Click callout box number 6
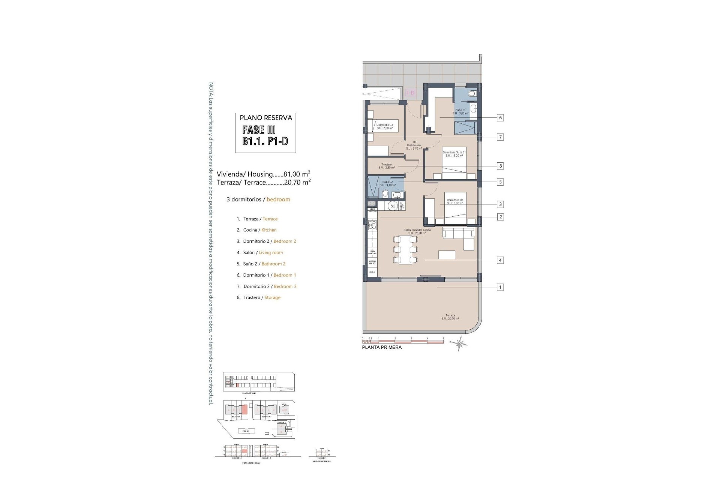[500, 118]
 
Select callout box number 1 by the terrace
[500, 287]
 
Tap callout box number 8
[500, 166]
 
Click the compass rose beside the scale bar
[459, 343]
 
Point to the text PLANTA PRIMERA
[382, 347]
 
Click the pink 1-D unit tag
[411, 93]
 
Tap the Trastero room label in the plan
[386, 165]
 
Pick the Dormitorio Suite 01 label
[454, 152]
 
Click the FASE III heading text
[259, 130]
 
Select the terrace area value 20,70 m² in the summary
[297, 182]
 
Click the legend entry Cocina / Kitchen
[256, 230]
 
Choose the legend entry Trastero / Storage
[259, 297]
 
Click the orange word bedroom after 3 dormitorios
[278, 199]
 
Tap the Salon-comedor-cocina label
[417, 230]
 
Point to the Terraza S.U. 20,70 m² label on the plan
[450, 317]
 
